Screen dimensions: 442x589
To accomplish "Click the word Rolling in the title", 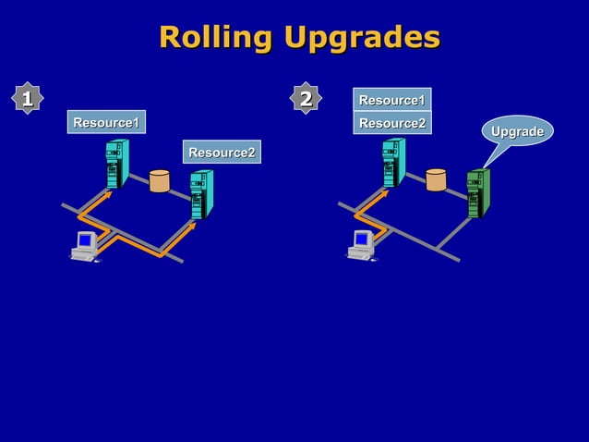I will (x=216, y=38).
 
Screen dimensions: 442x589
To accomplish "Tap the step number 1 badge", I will (x=28, y=97).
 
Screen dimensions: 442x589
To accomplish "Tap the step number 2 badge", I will (x=306, y=97).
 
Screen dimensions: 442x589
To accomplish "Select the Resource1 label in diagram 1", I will (x=106, y=122).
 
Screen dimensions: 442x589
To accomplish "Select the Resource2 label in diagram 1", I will (x=222, y=152).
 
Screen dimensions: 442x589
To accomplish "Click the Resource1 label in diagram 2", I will (x=391, y=100).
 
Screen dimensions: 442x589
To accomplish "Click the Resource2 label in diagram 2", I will (x=391, y=123).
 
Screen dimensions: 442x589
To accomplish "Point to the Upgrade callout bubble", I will (x=517, y=132).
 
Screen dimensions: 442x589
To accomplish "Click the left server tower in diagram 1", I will (x=116, y=163).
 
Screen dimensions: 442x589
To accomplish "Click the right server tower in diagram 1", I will (x=200, y=194).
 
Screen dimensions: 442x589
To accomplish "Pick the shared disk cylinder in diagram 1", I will (x=159, y=180).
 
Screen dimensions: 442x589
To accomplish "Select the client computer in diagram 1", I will (x=86, y=246).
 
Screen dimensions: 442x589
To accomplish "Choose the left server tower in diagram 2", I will (x=393, y=163).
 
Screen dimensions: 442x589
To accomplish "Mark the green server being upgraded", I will (x=476, y=193).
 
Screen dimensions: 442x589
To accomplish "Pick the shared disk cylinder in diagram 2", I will (x=436, y=180).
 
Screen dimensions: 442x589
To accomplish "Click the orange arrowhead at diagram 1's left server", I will (x=108, y=195).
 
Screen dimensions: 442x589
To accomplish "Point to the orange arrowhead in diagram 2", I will (x=384, y=195).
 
